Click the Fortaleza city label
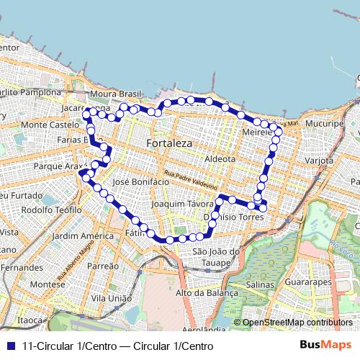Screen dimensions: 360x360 (x=168, y=143)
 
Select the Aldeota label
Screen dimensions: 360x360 (x=220, y=158)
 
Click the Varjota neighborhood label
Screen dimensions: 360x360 (x=319, y=161)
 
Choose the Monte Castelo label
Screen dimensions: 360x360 (x=45, y=125)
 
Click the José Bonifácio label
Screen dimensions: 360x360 (x=141, y=182)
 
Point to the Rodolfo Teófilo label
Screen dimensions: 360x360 (x=52, y=210)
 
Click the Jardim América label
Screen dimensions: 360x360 (x=84, y=235)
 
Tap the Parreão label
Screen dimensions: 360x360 (x=103, y=266)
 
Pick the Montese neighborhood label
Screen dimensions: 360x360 (x=48, y=284)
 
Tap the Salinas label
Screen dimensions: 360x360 (x=261, y=286)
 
